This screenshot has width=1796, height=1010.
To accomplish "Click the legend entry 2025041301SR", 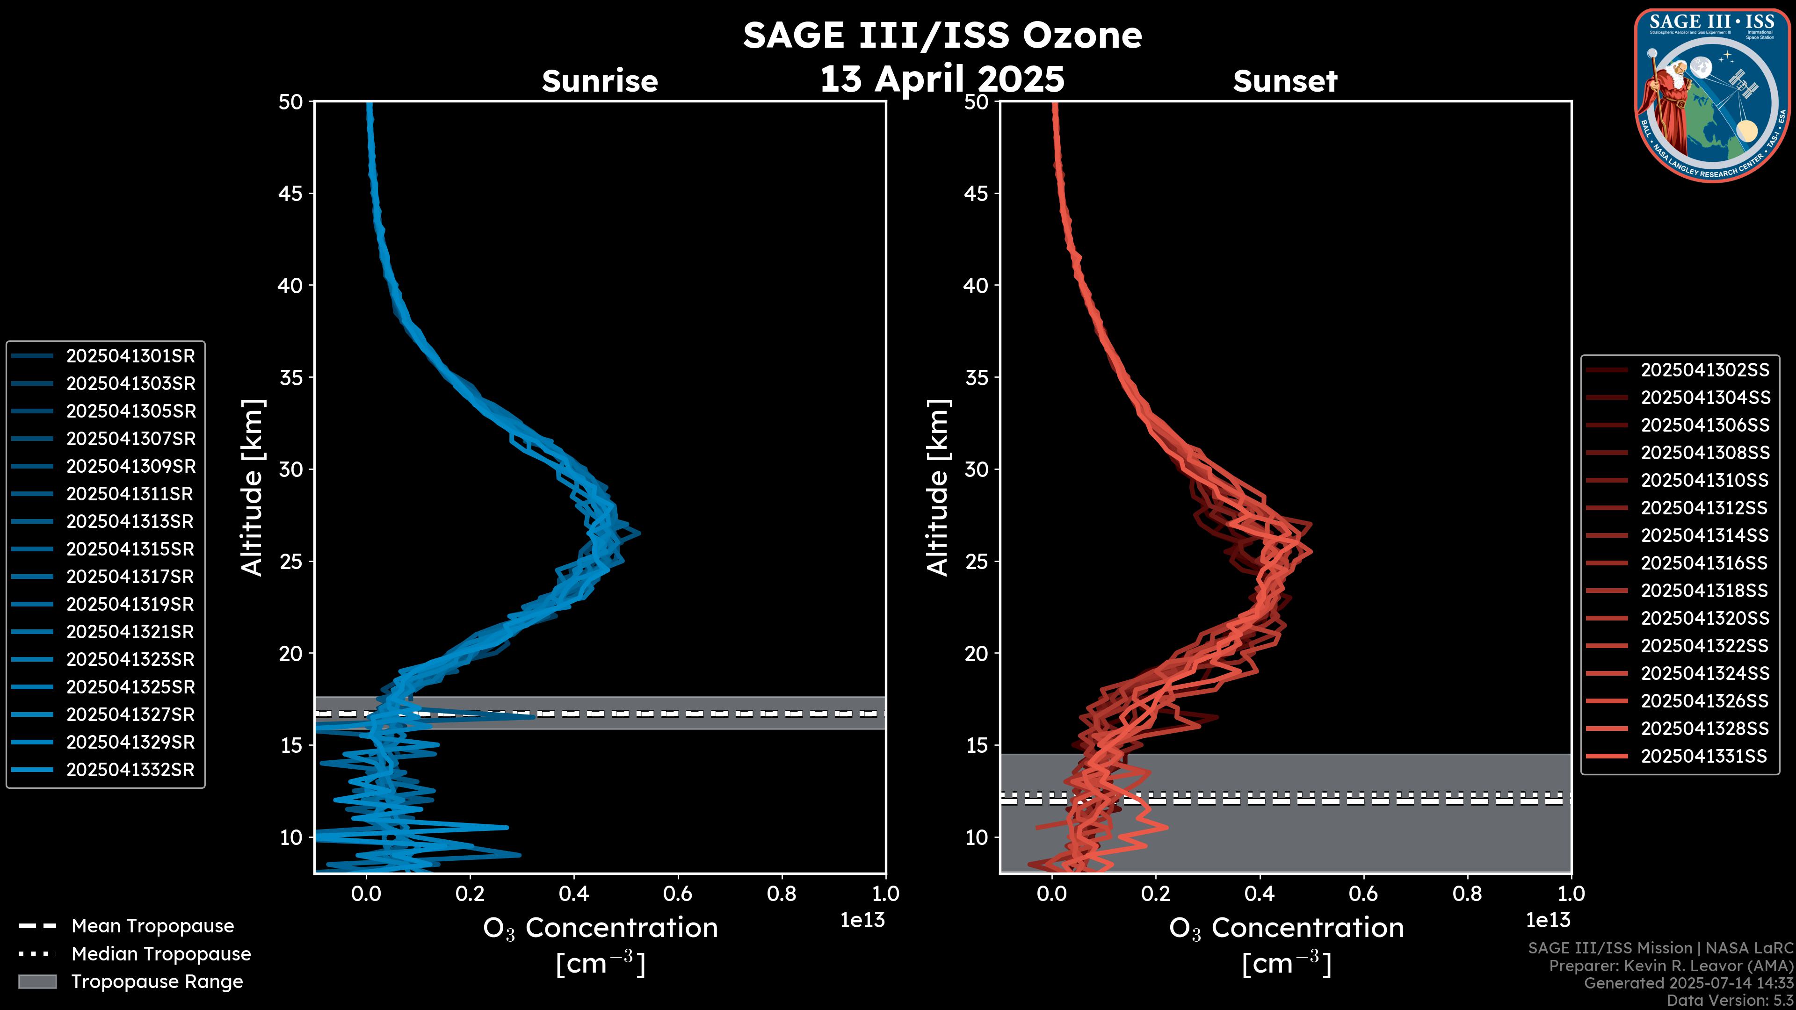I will [x=130, y=356].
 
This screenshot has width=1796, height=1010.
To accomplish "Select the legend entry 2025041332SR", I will [x=130, y=770].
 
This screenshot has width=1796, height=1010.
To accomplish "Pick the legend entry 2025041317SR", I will [x=130, y=577].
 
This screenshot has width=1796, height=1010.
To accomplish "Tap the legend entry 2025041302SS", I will [x=1705, y=370].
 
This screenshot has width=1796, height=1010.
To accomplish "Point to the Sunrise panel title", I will [x=600, y=81].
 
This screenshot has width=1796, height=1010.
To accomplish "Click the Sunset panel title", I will [x=1285, y=81].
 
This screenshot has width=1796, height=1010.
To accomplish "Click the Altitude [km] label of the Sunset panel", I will [x=938, y=488].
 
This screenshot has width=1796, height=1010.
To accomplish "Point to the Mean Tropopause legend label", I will [x=152, y=926].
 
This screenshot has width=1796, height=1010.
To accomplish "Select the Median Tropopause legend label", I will [x=161, y=954].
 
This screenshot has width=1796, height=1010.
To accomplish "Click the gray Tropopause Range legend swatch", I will [x=37, y=982].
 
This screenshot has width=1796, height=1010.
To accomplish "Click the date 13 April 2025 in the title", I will [x=942, y=79].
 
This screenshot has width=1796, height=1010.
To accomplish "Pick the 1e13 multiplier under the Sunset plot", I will [x=1548, y=921].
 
